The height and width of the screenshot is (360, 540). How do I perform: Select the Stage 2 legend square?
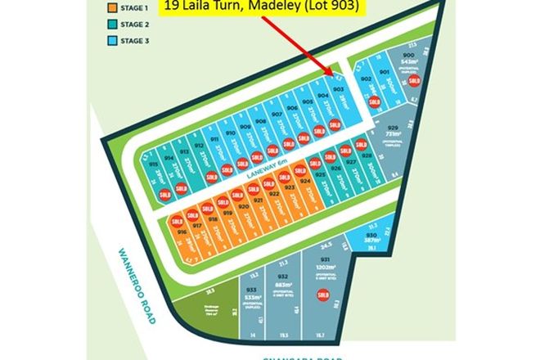111,24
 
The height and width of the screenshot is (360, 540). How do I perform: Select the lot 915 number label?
155,164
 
